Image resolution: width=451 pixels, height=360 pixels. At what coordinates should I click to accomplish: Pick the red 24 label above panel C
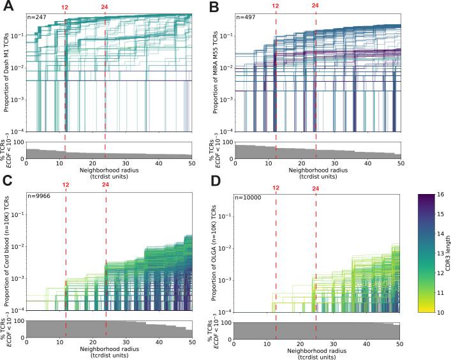point(105,186)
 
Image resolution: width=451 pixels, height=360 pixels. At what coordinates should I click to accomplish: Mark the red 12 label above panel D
point(275,186)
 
